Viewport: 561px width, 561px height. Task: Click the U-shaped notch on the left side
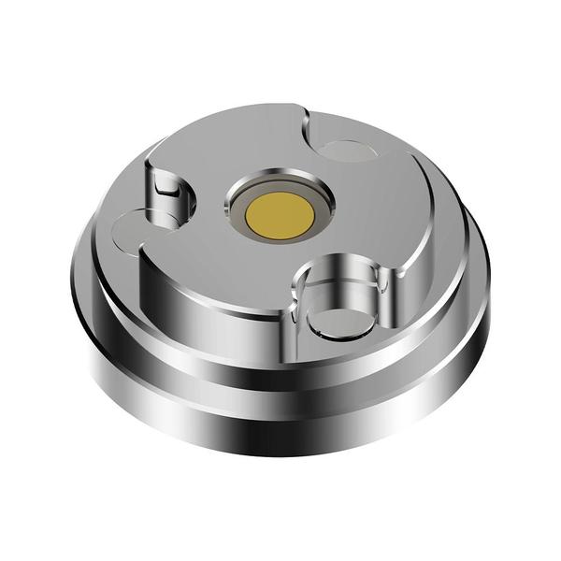pyautogui.click(x=166, y=192)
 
